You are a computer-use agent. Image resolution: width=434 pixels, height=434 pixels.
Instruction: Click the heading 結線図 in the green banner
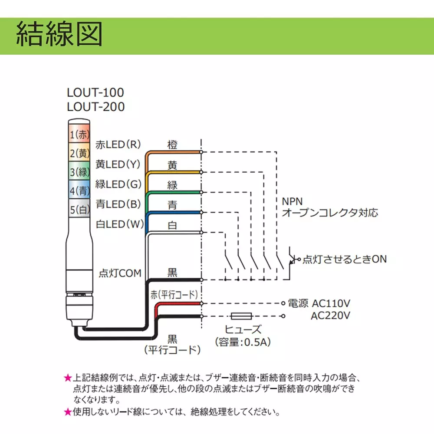[59, 34]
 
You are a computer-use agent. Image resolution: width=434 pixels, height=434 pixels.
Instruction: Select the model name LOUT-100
[95, 93]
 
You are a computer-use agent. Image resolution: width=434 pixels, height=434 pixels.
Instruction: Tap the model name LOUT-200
[96, 107]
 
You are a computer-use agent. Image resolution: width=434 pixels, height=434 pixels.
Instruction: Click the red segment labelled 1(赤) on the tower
[79, 134]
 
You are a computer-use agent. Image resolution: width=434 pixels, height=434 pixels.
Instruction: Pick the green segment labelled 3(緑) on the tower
[79, 171]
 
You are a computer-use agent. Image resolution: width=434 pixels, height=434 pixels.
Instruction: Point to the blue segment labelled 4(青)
[79, 190]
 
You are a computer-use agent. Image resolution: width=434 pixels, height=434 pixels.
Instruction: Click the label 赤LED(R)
[118, 145]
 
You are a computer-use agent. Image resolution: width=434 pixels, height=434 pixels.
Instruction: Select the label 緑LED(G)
[118, 184]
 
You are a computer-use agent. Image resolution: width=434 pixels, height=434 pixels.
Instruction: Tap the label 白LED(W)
[120, 224]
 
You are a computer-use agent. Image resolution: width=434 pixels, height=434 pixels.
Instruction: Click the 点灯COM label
[120, 273]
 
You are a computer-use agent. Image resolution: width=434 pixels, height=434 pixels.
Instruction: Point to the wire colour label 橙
[172, 145]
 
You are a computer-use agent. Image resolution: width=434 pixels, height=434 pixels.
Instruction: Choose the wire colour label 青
[172, 205]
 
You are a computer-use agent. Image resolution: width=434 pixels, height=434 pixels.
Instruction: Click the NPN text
[292, 201]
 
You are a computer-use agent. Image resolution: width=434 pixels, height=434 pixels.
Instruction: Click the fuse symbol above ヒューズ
[241, 316]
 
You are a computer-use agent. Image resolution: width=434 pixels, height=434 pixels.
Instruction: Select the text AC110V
[331, 304]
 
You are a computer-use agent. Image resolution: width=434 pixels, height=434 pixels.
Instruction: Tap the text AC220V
[330, 316]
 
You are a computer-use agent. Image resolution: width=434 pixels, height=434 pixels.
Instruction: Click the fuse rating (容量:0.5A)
[243, 342]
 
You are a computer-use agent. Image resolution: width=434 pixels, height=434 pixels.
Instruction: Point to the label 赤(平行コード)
[174, 295]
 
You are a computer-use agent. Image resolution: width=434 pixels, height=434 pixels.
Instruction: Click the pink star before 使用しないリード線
[68, 412]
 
